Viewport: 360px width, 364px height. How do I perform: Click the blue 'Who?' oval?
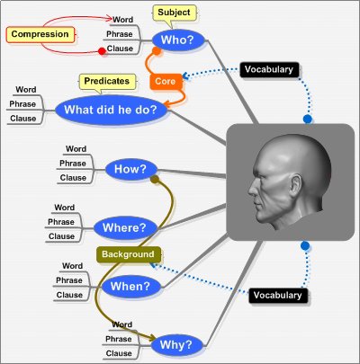pyautogui.click(x=178, y=40)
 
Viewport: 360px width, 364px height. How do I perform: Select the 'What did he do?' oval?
pyautogui.click(x=111, y=110)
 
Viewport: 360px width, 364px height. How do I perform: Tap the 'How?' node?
pyautogui.click(x=131, y=169)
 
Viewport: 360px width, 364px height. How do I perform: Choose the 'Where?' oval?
pyautogui.click(x=125, y=228)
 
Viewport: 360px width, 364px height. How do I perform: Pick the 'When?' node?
pyautogui.click(x=131, y=287)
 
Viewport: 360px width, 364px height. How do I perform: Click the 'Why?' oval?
pyautogui.click(x=176, y=345)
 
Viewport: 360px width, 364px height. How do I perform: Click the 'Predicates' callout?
pyautogui.click(x=107, y=82)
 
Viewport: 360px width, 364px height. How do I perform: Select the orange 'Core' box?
pyautogui.click(x=166, y=82)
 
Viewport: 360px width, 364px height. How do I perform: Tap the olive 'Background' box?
pyautogui.click(x=129, y=254)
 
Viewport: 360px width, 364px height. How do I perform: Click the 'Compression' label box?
pyautogui.click(x=40, y=34)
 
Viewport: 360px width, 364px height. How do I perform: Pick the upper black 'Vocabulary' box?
pyautogui.click(x=269, y=70)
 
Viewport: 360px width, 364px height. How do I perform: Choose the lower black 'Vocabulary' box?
pyautogui.click(x=278, y=296)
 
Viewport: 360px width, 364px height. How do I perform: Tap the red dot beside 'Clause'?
pyautogui.click(x=102, y=51)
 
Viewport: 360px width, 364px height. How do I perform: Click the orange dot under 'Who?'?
pyautogui.click(x=157, y=51)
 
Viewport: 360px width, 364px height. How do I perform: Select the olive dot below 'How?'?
pyautogui.click(x=155, y=180)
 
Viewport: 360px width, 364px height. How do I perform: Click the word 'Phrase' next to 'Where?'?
pyautogui.click(x=61, y=222)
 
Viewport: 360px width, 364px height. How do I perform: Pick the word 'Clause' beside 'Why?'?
pyautogui.click(x=119, y=353)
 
